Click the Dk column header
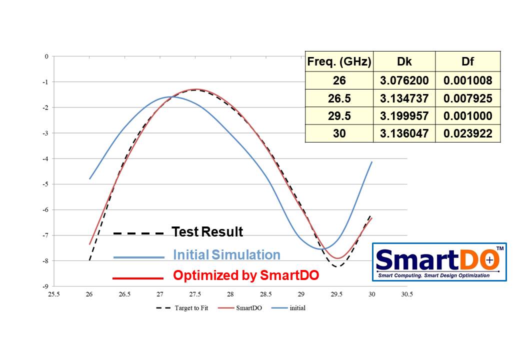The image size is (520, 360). click(x=404, y=61)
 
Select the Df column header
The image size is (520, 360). click(x=467, y=61)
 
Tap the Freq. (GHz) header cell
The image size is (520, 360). click(x=339, y=61)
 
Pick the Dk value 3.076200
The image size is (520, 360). click(x=404, y=80)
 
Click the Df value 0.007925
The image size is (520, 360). click(x=467, y=98)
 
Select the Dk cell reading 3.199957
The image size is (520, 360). click(x=404, y=116)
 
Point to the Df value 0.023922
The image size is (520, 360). click(x=467, y=133)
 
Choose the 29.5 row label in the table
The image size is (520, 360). click(x=339, y=116)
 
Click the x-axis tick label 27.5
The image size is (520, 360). click(x=195, y=294)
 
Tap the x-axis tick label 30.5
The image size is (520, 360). click(x=407, y=294)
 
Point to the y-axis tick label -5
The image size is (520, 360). click(x=45, y=184)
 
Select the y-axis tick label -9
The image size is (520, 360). click(x=45, y=286)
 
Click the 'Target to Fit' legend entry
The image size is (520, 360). click(x=182, y=308)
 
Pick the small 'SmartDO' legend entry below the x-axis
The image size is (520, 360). click(x=240, y=308)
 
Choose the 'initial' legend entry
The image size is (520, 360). click(x=288, y=308)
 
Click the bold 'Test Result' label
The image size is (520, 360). click(x=207, y=231)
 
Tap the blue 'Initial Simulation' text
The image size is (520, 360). click(x=227, y=254)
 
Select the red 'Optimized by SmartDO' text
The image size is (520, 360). click(x=246, y=275)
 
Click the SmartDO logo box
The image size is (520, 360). click(x=439, y=262)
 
